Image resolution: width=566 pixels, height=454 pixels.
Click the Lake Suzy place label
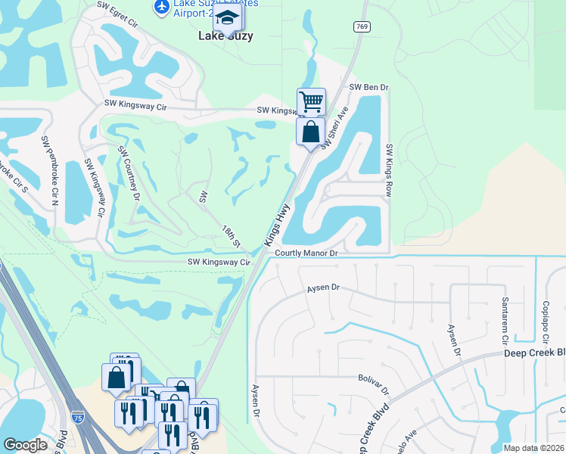coord(225,36)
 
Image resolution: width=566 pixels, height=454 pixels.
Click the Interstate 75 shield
coord(78,417)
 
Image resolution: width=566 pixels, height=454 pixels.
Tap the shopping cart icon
coord(311,101)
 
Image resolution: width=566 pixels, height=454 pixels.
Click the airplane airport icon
coord(161,6)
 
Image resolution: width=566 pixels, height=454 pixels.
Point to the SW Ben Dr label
coord(369,88)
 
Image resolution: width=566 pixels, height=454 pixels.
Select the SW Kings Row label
coord(389,170)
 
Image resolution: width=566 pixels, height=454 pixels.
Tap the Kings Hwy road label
coord(278,225)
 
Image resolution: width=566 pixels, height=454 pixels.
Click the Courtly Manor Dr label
coord(306,254)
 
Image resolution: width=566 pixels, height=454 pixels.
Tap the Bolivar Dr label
coord(373,385)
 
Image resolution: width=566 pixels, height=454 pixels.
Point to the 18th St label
coord(231,236)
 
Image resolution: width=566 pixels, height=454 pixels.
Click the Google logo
coord(26,445)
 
